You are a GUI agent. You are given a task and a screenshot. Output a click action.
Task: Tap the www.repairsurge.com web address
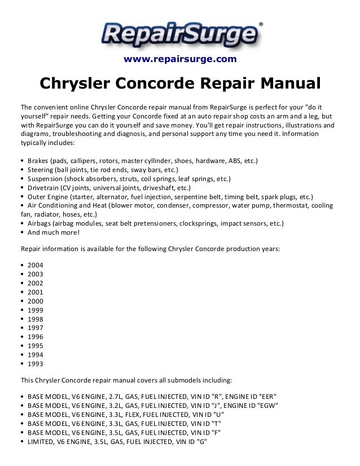tap(179, 59)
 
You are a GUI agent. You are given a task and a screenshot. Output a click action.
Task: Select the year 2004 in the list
tap(35, 265)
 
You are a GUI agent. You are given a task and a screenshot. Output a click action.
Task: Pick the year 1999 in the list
tap(35, 310)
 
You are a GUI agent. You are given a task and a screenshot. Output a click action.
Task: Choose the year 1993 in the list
tap(35, 364)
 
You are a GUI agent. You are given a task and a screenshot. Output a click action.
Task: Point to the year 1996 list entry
tap(35, 337)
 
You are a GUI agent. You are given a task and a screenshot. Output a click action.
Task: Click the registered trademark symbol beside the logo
tap(260, 24)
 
